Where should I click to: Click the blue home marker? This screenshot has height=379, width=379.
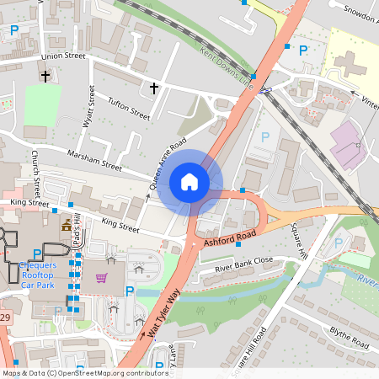click(189, 182)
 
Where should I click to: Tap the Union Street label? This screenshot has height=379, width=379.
click(64, 56)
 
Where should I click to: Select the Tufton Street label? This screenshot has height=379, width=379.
click(129, 108)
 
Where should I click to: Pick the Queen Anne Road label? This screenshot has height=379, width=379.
click(168, 163)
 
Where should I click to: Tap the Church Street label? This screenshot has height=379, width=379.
click(36, 170)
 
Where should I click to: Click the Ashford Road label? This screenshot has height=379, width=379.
click(229, 238)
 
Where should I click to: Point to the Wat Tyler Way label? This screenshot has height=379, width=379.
click(164, 313)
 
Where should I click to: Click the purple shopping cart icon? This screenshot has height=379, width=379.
click(101, 277)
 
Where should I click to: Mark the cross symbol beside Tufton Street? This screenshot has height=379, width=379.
click(154, 87)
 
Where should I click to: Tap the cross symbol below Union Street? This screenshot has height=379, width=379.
click(45, 77)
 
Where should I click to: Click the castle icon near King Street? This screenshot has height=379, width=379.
click(66, 226)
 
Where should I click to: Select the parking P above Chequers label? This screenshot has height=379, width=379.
click(36, 254)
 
